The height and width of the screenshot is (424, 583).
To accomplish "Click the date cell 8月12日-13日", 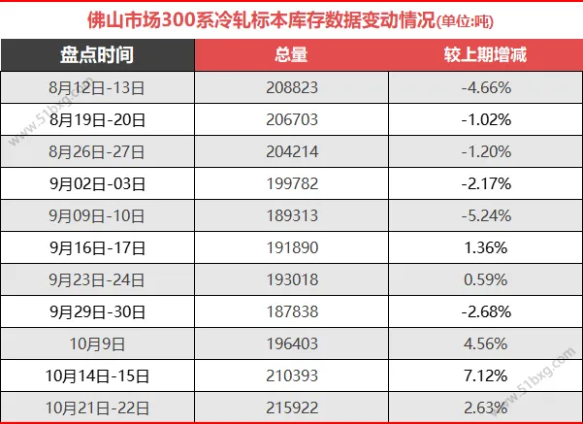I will tap(97, 87).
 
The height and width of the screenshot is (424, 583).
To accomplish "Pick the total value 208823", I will tap(291, 87).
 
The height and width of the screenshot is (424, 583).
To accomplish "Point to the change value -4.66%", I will tap(485, 87).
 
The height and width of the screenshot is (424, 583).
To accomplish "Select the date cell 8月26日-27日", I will tap(97, 151).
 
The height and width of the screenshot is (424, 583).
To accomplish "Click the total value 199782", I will tap(291, 183).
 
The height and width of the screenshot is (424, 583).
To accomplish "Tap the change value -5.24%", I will tap(485, 215).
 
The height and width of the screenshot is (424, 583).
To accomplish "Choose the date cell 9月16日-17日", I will tap(97, 247).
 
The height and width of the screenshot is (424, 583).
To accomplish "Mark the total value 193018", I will tap(291, 279).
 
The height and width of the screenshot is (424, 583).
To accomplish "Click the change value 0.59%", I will tap(485, 279).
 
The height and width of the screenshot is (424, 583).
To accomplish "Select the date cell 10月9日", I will tap(97, 343).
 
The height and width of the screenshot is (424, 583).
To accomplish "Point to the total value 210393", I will tap(291, 375).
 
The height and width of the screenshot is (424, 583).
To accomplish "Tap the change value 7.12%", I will tap(485, 375).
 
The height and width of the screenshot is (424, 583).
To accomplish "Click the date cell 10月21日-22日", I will tap(97, 408).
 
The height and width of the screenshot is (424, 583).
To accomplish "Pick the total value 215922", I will tap(291, 408).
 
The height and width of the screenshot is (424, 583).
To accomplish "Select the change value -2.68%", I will tap(485, 311).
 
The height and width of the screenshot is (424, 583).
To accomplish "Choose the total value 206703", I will tap(291, 119).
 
